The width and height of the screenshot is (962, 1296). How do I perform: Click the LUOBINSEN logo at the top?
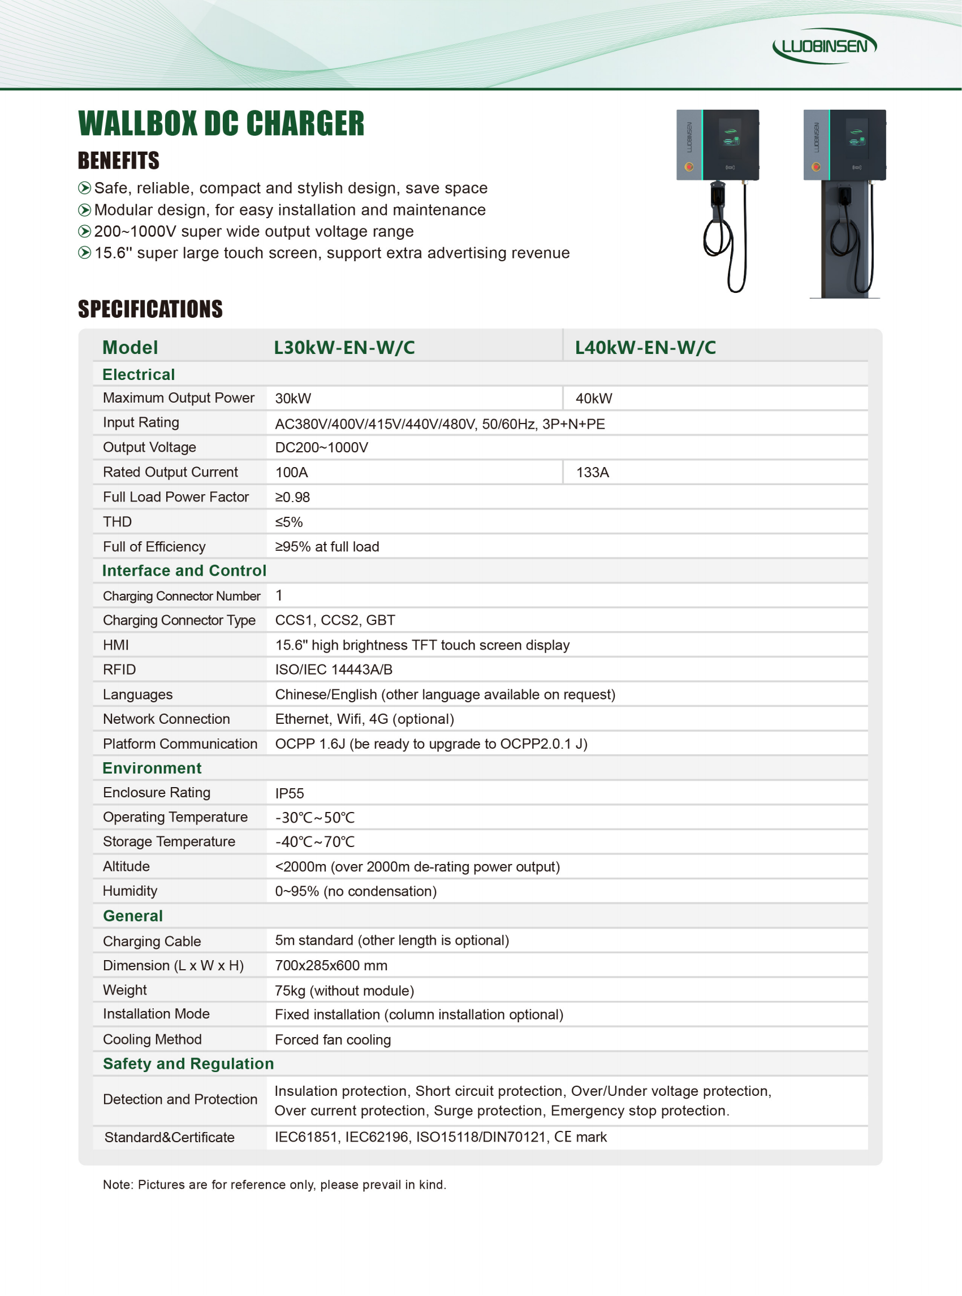(824, 46)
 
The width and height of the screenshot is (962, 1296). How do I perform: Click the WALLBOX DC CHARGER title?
(221, 123)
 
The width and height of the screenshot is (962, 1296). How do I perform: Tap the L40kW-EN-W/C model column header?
(645, 348)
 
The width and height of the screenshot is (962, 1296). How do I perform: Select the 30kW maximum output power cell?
(293, 398)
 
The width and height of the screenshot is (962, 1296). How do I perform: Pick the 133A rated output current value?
(592, 472)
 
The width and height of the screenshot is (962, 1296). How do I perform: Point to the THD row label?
(117, 522)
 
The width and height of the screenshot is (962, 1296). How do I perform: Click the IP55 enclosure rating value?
(290, 793)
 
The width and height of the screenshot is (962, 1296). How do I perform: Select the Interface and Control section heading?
(184, 571)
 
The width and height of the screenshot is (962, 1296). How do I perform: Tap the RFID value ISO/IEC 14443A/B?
(334, 669)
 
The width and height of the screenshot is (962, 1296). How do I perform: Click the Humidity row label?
(130, 891)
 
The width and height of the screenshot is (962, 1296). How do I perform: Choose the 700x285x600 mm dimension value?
(331, 965)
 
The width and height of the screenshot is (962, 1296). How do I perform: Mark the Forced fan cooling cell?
(333, 1040)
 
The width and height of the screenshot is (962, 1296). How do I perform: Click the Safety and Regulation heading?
(188, 1064)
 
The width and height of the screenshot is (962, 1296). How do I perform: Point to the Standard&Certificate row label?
(169, 1137)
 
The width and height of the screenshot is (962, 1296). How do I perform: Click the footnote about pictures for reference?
(274, 1185)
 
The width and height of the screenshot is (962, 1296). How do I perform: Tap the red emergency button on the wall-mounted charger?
(689, 167)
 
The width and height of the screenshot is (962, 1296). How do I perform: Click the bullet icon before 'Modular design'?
(84, 210)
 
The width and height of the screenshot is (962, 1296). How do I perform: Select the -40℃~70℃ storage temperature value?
(314, 842)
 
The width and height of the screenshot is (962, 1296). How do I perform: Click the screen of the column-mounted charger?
(857, 137)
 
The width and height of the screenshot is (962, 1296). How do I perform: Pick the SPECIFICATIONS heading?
(150, 309)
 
